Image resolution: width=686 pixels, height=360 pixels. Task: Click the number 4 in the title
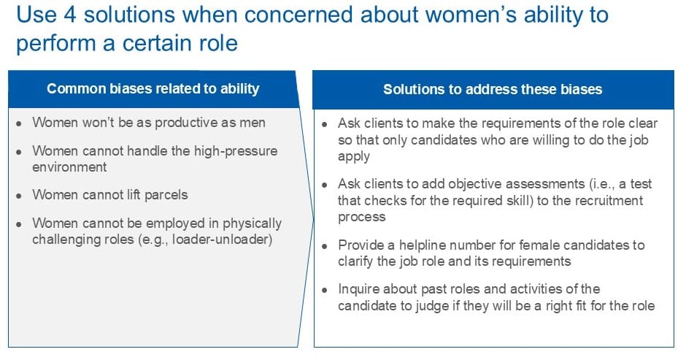[x=69, y=15]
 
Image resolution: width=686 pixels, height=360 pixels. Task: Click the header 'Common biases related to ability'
[x=153, y=89]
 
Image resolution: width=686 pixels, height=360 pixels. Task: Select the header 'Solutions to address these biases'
[x=493, y=89]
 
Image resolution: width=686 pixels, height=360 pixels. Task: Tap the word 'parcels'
[x=166, y=195]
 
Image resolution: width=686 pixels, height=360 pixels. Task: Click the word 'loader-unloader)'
[x=223, y=240]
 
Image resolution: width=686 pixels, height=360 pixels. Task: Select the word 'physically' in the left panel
[x=253, y=223]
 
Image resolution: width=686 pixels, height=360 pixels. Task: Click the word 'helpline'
[x=423, y=245]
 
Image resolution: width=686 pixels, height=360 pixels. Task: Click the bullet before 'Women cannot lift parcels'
[x=19, y=196]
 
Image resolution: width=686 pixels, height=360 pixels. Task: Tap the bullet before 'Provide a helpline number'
[x=325, y=246]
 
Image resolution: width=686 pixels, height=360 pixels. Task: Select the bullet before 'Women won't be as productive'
[x=19, y=124]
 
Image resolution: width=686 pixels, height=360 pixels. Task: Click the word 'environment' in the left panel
[x=69, y=167]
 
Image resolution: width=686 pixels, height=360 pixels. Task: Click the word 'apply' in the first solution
[x=354, y=157]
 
